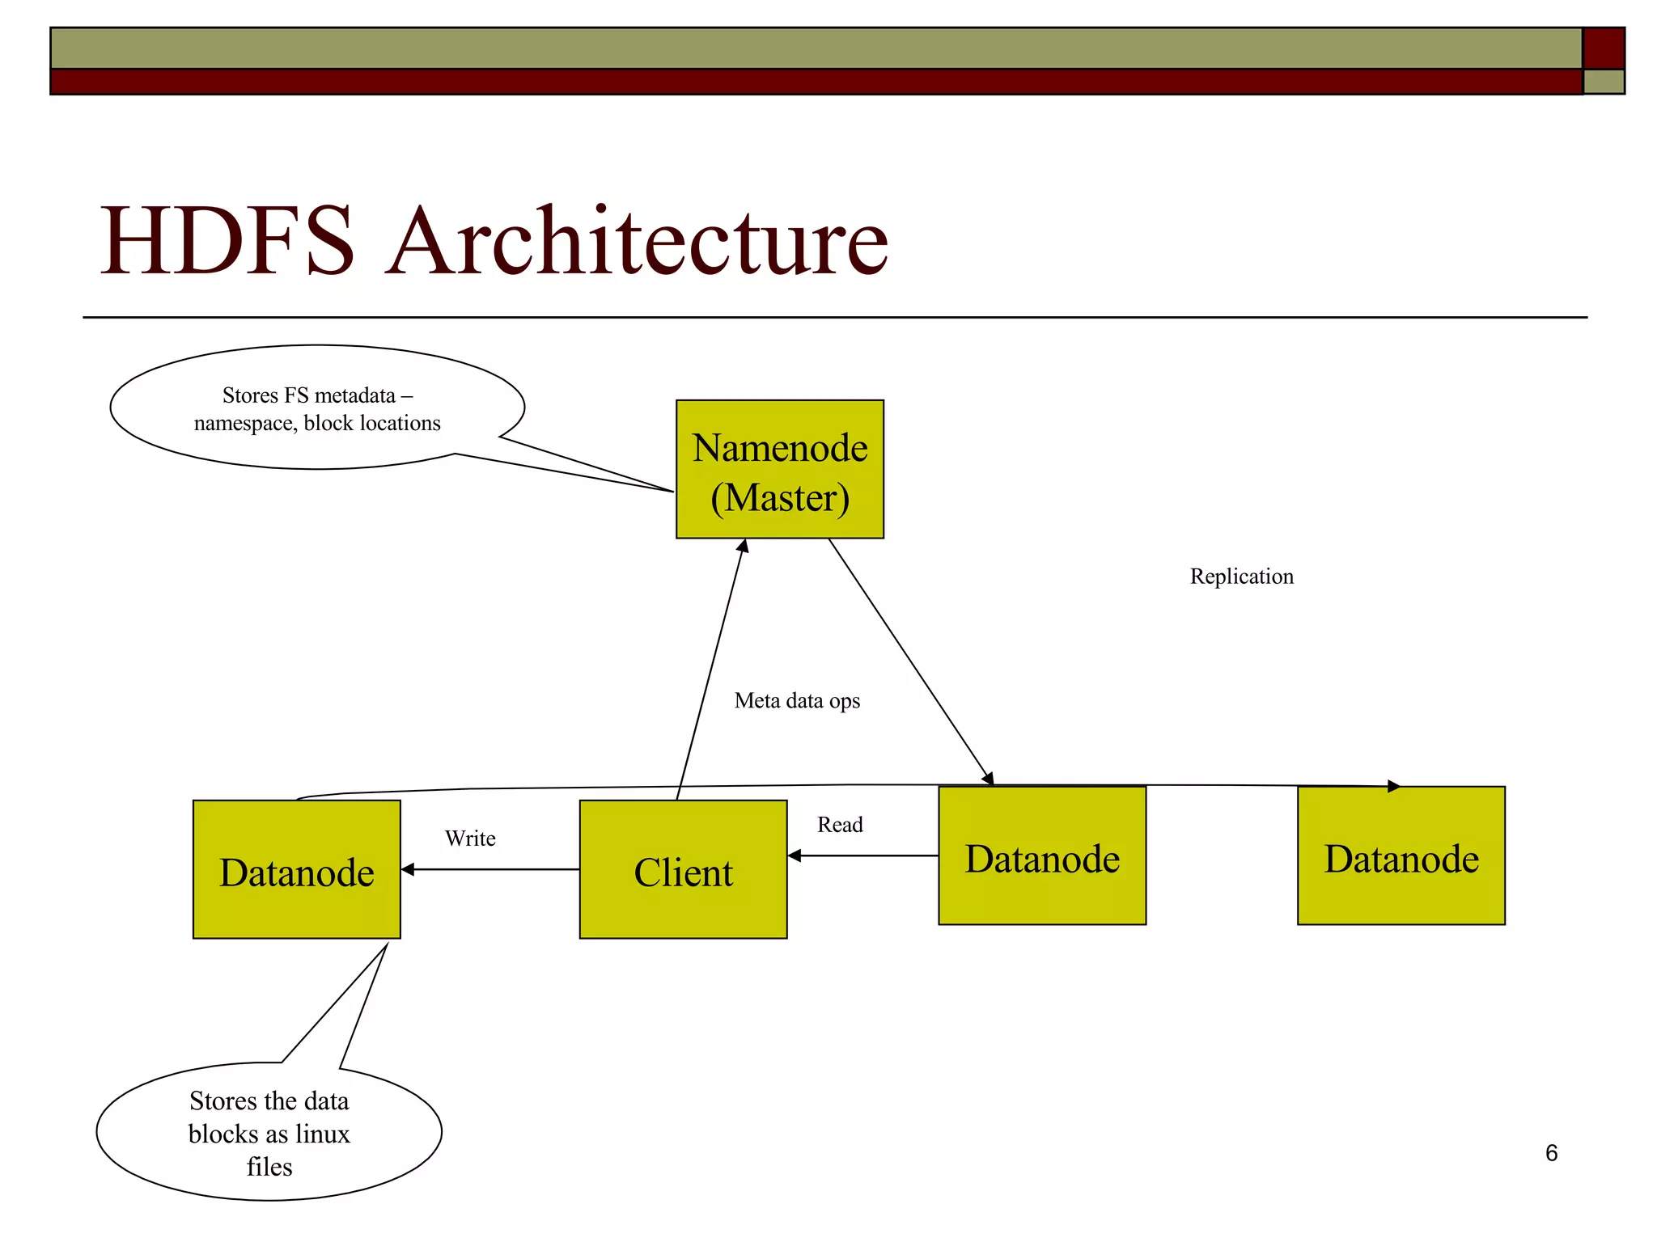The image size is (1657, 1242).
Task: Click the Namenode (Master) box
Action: coord(779,469)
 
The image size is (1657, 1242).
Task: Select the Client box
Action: coord(683,869)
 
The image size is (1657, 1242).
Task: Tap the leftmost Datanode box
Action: coord(296,869)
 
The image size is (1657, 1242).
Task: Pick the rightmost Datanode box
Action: coord(1401,855)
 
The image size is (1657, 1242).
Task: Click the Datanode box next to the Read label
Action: coord(1041,855)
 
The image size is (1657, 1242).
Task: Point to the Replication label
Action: coord(1241,577)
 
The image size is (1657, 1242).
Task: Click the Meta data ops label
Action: coord(797,700)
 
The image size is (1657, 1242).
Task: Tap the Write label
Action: coord(470,839)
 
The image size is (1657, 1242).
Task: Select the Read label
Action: coord(840,825)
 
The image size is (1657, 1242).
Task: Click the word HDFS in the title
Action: coord(227,241)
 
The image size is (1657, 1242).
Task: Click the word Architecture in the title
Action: coord(637,241)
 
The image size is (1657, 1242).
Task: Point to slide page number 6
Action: coord(1551,1153)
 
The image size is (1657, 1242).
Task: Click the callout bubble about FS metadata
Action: coord(317,408)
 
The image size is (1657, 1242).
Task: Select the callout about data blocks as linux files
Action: coord(269,1133)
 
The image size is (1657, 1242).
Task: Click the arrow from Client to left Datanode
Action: coord(490,869)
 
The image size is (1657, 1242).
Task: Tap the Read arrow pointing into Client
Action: coord(862,855)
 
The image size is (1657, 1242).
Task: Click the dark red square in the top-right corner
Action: coord(1603,49)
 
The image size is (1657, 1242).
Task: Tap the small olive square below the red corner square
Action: coord(1603,82)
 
